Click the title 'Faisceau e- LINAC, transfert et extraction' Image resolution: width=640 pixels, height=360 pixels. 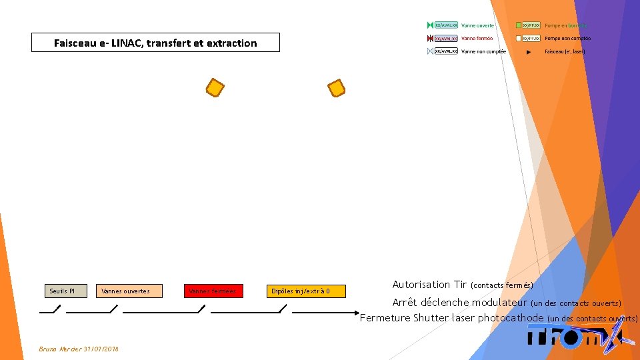coord(155,43)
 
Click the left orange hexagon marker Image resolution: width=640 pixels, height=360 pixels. coord(215,89)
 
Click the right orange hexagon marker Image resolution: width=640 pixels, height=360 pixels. coord(337,88)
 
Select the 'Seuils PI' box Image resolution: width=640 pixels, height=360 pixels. coord(67,291)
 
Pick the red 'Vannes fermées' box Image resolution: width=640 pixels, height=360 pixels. coord(213,291)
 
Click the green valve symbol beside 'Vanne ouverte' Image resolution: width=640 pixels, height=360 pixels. coord(430,25)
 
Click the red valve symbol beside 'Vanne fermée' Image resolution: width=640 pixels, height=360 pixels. coord(430,38)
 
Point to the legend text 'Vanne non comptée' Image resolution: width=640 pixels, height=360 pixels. coord(483,51)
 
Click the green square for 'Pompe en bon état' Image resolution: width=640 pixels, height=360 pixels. coord(518,25)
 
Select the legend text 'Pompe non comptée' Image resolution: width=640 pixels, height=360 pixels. coord(567,38)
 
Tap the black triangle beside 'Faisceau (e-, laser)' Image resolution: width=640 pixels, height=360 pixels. coord(528,51)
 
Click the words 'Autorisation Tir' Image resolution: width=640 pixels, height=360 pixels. coord(429,285)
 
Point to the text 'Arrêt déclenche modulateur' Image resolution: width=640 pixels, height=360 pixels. coord(459,303)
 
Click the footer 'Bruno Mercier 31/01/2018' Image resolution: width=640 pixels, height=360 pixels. coord(79,349)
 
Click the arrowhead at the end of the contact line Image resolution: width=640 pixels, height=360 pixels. coord(357,312)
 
